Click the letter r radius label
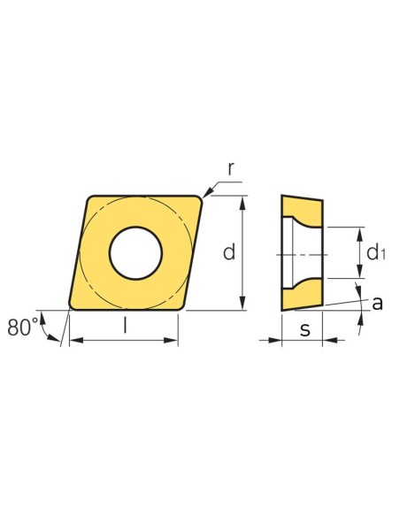tap(231, 169)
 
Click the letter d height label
tap(229, 252)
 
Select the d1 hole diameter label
tap(375, 253)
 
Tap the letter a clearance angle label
tap(377, 304)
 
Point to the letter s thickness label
tap(305, 329)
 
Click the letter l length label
tap(125, 325)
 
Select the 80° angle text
tap(23, 328)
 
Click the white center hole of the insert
tap(135, 253)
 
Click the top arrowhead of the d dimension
tap(242, 203)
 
